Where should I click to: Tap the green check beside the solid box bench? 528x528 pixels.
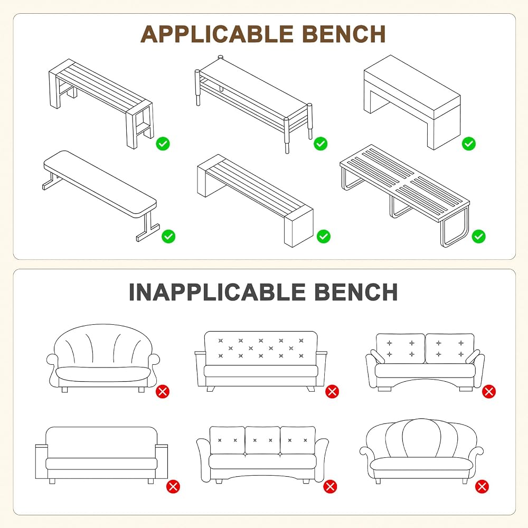(468, 144)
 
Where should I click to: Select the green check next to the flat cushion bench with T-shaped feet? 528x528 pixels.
(168, 237)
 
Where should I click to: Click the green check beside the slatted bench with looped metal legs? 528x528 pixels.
(478, 237)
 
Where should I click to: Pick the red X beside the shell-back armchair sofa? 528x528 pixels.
(163, 392)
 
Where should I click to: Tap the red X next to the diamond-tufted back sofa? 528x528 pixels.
(332, 392)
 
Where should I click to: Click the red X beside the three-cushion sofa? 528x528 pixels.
(330, 487)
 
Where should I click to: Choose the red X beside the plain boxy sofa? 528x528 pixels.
(173, 487)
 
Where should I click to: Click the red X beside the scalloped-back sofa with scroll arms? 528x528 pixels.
(482, 487)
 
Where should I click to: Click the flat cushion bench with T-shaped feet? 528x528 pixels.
(100, 195)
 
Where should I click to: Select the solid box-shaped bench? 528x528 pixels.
(412, 102)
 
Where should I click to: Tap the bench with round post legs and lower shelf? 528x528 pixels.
(253, 103)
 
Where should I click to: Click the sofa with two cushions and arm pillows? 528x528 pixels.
(425, 362)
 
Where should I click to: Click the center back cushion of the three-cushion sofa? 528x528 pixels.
(262, 440)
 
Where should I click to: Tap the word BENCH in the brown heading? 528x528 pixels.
(344, 34)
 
